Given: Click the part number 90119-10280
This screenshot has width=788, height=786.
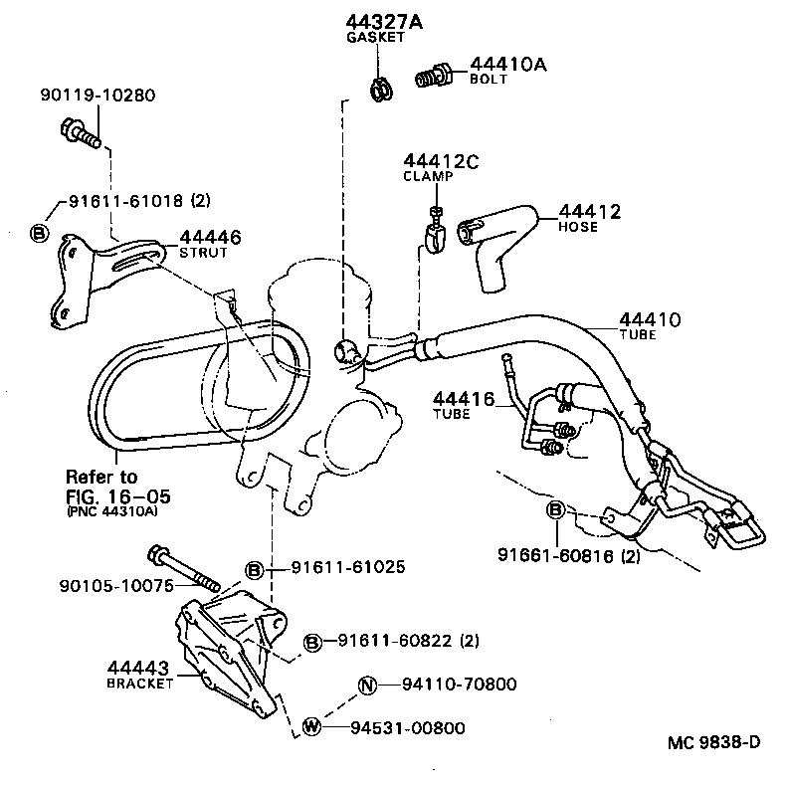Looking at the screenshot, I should pyautogui.click(x=98, y=96).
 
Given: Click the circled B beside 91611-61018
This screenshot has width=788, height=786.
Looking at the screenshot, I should pyautogui.click(x=39, y=232).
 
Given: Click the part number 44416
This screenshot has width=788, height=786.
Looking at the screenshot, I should pyautogui.click(x=463, y=399).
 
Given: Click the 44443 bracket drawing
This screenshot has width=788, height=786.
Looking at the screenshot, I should pyautogui.click(x=229, y=652).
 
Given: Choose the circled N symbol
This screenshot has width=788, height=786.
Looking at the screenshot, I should pyautogui.click(x=366, y=685).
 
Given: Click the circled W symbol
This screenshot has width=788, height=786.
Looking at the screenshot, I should pyautogui.click(x=312, y=727).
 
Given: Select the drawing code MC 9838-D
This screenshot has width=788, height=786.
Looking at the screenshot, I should pyautogui.click(x=713, y=742).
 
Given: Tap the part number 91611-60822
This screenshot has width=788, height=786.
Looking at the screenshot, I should pyautogui.click(x=393, y=642).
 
